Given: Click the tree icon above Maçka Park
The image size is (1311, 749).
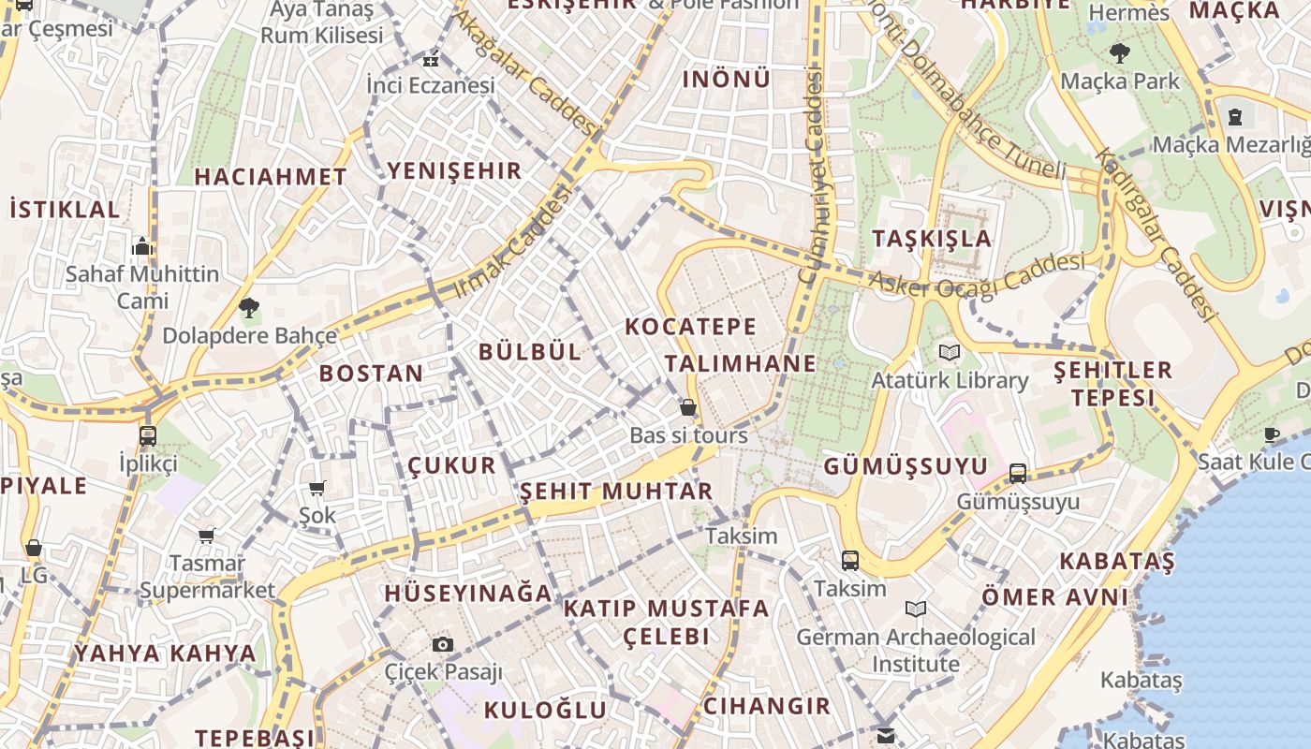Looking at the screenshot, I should click(x=1119, y=52).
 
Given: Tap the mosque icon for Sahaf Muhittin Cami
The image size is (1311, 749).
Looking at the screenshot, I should click(x=142, y=246).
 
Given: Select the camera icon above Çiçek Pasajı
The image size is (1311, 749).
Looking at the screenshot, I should click(x=443, y=644).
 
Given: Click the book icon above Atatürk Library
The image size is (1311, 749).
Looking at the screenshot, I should click(x=950, y=353).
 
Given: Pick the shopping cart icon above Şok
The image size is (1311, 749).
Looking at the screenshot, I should click(x=317, y=488).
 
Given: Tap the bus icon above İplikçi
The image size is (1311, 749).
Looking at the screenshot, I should click(x=147, y=435).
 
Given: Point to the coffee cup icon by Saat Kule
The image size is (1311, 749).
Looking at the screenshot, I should click(x=1271, y=434).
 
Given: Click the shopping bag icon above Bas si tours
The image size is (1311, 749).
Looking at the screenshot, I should click(x=688, y=408).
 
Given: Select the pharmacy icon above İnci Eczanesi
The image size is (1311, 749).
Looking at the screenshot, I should click(x=430, y=59).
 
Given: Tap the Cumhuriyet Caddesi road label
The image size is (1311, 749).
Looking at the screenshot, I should click(x=812, y=178).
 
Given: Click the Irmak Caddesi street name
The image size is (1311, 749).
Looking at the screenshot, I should click(x=512, y=242).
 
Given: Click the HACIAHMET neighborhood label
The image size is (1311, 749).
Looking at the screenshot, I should click(x=271, y=176).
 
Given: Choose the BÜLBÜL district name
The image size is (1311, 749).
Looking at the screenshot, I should click(x=530, y=352).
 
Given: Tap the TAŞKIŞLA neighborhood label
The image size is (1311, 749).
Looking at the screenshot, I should click(x=932, y=238).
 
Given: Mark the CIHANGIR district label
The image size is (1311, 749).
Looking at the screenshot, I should click(x=767, y=706).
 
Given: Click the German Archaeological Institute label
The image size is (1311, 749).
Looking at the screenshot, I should click(x=916, y=651).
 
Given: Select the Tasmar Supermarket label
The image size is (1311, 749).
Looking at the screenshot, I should click(x=207, y=577).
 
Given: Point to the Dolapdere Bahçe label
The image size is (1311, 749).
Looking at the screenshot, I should click(x=249, y=335).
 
